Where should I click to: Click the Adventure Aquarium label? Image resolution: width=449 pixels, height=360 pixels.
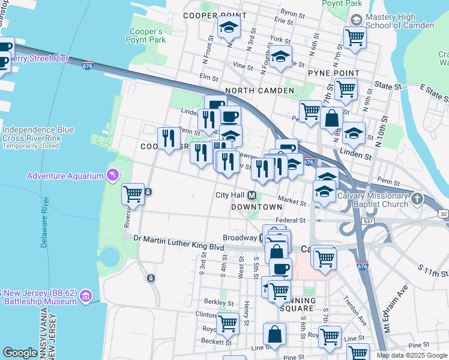click(65, 176)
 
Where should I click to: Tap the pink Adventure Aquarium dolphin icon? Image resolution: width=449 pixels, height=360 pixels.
click(111, 175)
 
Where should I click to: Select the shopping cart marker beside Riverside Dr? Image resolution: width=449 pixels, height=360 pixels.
click(133, 194)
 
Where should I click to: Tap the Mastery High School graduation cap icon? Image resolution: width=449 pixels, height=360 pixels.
click(355, 20)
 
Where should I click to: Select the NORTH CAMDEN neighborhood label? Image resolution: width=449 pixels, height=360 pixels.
click(259, 91)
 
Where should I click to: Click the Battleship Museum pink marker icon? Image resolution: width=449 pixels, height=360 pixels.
click(86, 296)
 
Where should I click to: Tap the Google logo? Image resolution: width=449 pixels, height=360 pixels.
click(20, 353)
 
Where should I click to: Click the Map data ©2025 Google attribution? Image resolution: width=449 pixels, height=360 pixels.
click(411, 355)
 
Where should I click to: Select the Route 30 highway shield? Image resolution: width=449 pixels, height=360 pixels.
click(443, 214)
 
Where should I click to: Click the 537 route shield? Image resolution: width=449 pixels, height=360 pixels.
click(368, 221)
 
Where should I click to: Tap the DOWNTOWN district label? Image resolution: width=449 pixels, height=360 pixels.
click(257, 206)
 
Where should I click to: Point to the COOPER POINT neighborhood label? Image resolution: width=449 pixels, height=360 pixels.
click(215, 15)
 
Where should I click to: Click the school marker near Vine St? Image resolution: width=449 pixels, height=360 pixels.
click(280, 57)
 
